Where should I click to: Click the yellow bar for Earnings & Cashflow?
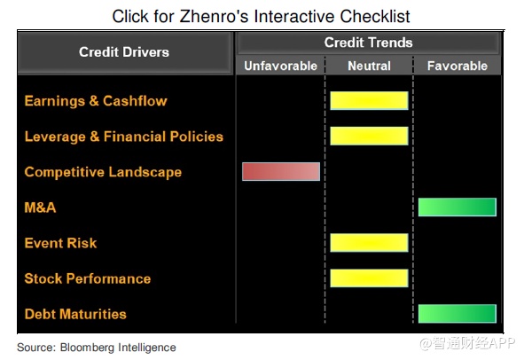[x=369, y=100]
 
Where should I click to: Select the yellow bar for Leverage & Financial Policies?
[x=369, y=136]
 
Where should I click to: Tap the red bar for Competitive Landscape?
[x=281, y=171]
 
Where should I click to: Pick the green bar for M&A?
[x=458, y=207]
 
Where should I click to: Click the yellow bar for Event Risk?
[x=369, y=243]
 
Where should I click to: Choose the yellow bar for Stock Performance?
[x=369, y=278]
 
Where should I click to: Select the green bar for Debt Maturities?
[x=458, y=314]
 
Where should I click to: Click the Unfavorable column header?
[x=281, y=66]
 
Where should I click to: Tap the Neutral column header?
[x=369, y=66]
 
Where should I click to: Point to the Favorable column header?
[x=458, y=66]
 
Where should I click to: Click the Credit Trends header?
[x=368, y=43]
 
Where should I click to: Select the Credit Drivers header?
[x=124, y=52]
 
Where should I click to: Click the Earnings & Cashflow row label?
[x=96, y=101]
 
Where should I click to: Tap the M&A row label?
[x=40, y=207]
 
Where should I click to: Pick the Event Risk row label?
[x=60, y=243]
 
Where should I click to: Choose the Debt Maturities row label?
[x=75, y=314]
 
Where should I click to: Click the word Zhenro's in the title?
[x=214, y=16]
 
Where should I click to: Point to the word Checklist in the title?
[x=375, y=16]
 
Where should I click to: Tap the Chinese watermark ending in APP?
[x=467, y=343]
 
